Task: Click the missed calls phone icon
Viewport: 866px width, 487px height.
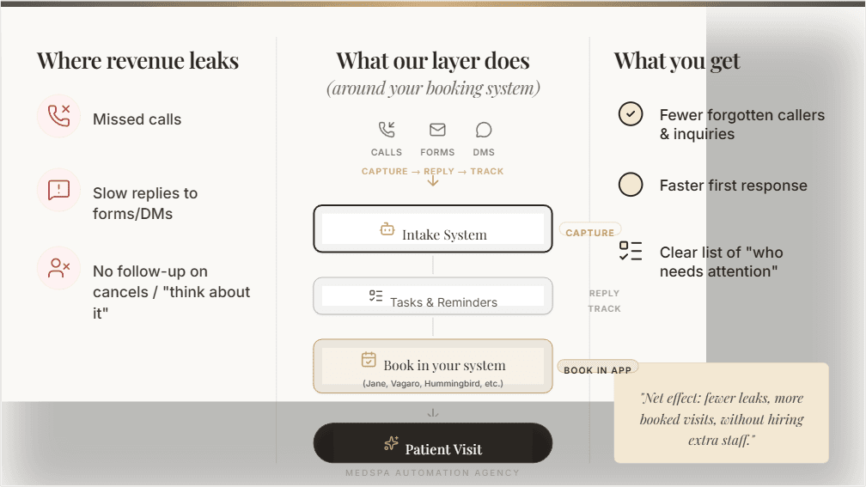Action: coord(59,116)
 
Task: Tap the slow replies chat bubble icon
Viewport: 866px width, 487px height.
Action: coord(59,190)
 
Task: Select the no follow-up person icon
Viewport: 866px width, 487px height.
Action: coord(59,268)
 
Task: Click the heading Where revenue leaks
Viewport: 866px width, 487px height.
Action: coord(137,61)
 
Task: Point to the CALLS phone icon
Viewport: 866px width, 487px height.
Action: coord(387,130)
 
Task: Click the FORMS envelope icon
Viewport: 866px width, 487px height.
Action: coord(437,130)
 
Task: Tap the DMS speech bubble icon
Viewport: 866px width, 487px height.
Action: coord(484,130)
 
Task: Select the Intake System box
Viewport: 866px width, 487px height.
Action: coord(432,229)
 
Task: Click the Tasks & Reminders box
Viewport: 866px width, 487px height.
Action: coord(432,297)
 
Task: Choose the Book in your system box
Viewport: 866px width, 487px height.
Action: coord(432,367)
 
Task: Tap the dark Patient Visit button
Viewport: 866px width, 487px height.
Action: coord(432,444)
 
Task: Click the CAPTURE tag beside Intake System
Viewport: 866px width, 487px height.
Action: coord(590,232)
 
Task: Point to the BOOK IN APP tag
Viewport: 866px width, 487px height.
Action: coord(598,369)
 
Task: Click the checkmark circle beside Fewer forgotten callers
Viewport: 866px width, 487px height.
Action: coord(631,114)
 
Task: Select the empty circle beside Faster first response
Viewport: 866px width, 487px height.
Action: coord(631,185)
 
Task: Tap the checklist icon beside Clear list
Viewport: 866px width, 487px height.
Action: coord(631,251)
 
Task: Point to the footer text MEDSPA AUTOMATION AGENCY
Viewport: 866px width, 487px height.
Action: coord(432,473)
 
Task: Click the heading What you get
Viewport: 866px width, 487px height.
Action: coord(676,61)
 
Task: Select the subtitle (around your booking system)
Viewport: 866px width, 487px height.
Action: coord(432,88)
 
